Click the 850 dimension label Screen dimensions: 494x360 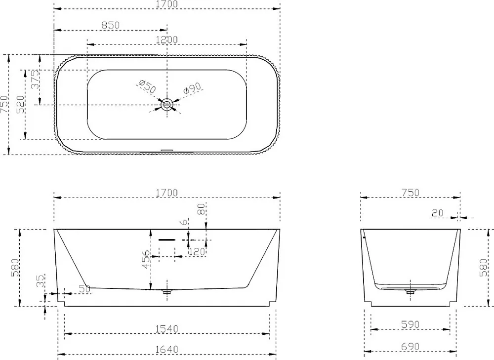pos(111,25)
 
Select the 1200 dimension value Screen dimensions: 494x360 pos(166,40)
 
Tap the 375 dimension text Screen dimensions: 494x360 pos(36,80)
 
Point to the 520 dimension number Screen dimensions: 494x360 pos(20,105)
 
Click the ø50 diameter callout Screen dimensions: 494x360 pos(147,86)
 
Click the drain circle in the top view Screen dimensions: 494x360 pos(167,105)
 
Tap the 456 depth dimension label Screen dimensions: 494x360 pos(146,260)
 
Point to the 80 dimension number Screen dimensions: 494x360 pos(202,209)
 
